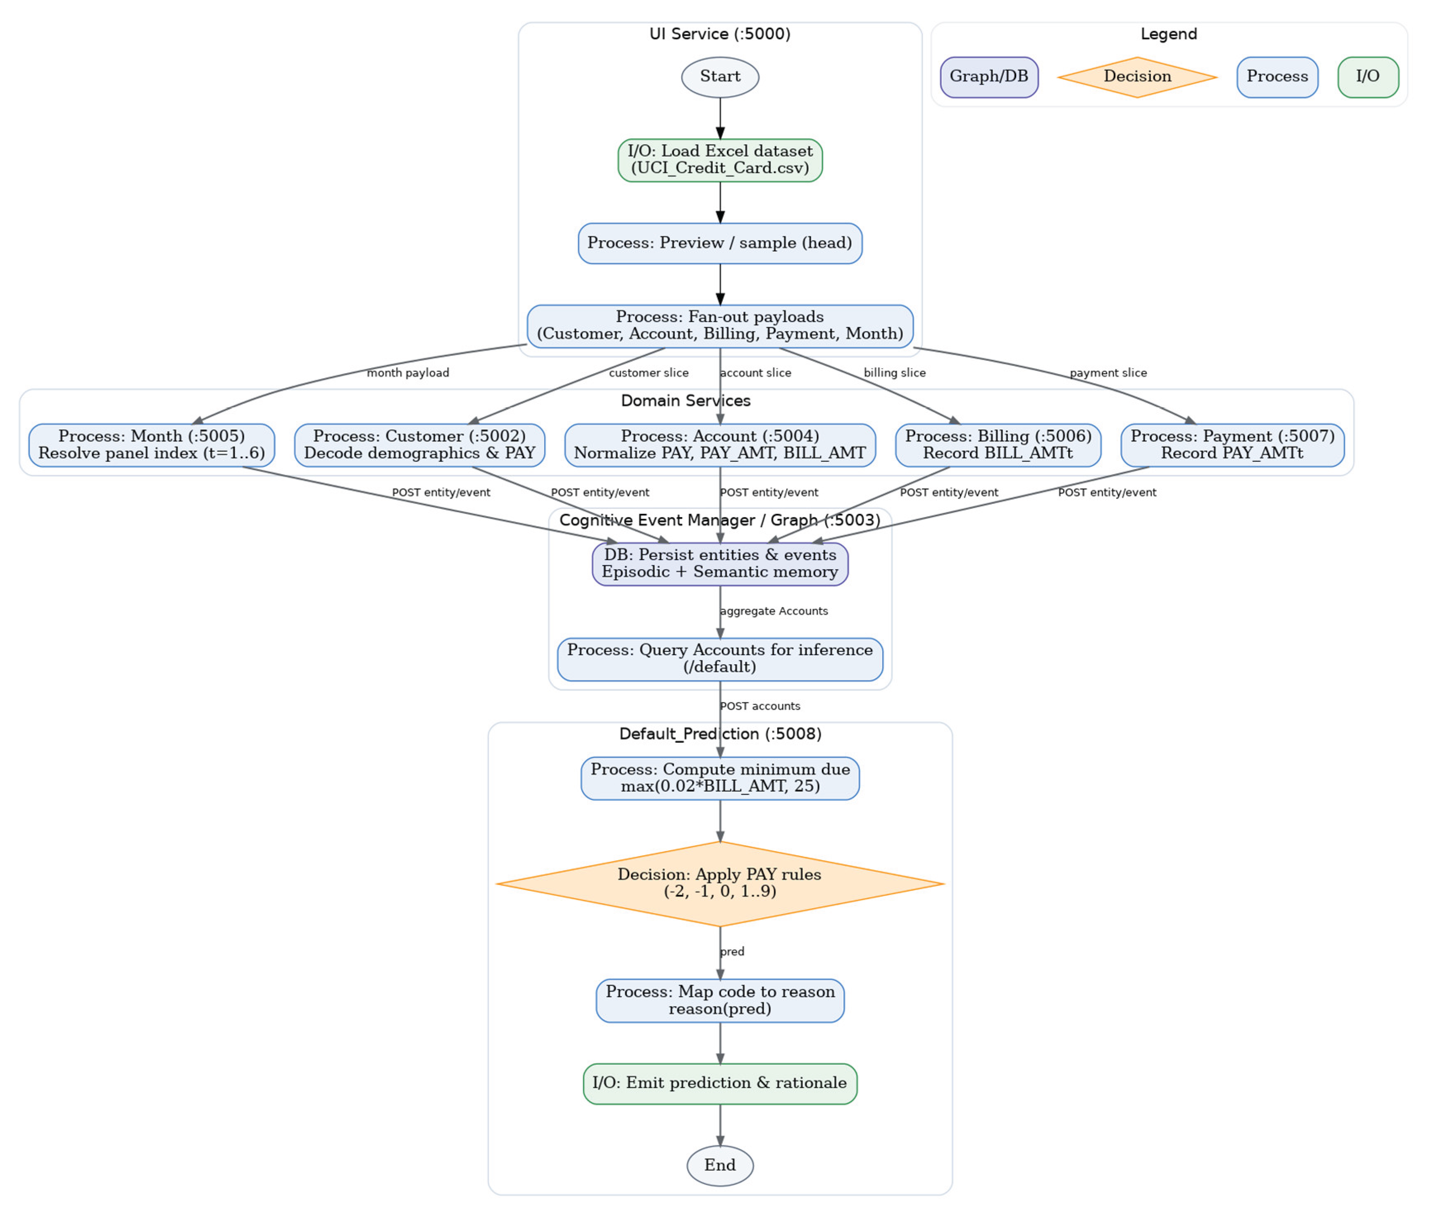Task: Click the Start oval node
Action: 720,77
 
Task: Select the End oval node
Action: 720,1165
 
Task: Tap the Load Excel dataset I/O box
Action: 720,160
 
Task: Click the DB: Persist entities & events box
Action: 720,564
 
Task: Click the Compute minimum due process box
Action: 720,778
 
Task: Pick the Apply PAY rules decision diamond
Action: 720,884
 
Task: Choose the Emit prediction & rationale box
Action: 720,1084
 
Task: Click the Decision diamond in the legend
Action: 1137,77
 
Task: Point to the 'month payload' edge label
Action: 408,372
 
